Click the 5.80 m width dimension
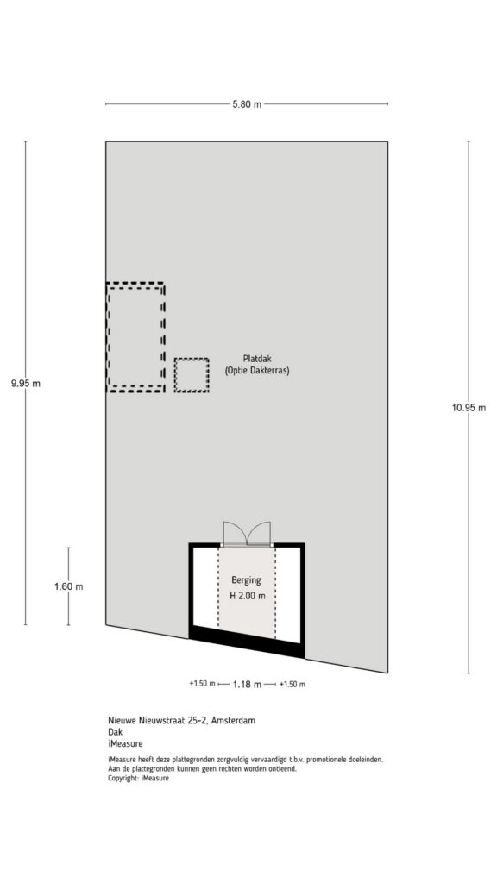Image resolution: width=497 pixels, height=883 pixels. click(246, 104)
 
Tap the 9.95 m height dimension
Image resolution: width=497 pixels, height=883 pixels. click(26, 384)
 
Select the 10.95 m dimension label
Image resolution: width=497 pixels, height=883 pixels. click(469, 408)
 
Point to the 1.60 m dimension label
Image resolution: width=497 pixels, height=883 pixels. click(69, 586)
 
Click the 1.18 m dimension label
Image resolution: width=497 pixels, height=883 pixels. click(247, 684)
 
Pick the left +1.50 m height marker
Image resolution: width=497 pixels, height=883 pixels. click(202, 684)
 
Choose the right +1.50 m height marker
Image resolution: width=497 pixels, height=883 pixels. click(292, 684)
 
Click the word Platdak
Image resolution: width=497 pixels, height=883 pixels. click(257, 358)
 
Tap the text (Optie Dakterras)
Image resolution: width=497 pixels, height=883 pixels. click(257, 371)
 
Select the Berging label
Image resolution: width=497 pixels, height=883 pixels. click(246, 580)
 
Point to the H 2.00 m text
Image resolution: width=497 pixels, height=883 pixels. click(247, 596)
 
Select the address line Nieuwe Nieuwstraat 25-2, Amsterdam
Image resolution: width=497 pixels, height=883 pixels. click(181, 720)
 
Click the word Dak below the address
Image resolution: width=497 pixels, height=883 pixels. click(115, 732)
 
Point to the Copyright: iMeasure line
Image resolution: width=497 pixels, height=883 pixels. click(138, 778)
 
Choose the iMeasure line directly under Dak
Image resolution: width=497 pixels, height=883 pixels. click(125, 743)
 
